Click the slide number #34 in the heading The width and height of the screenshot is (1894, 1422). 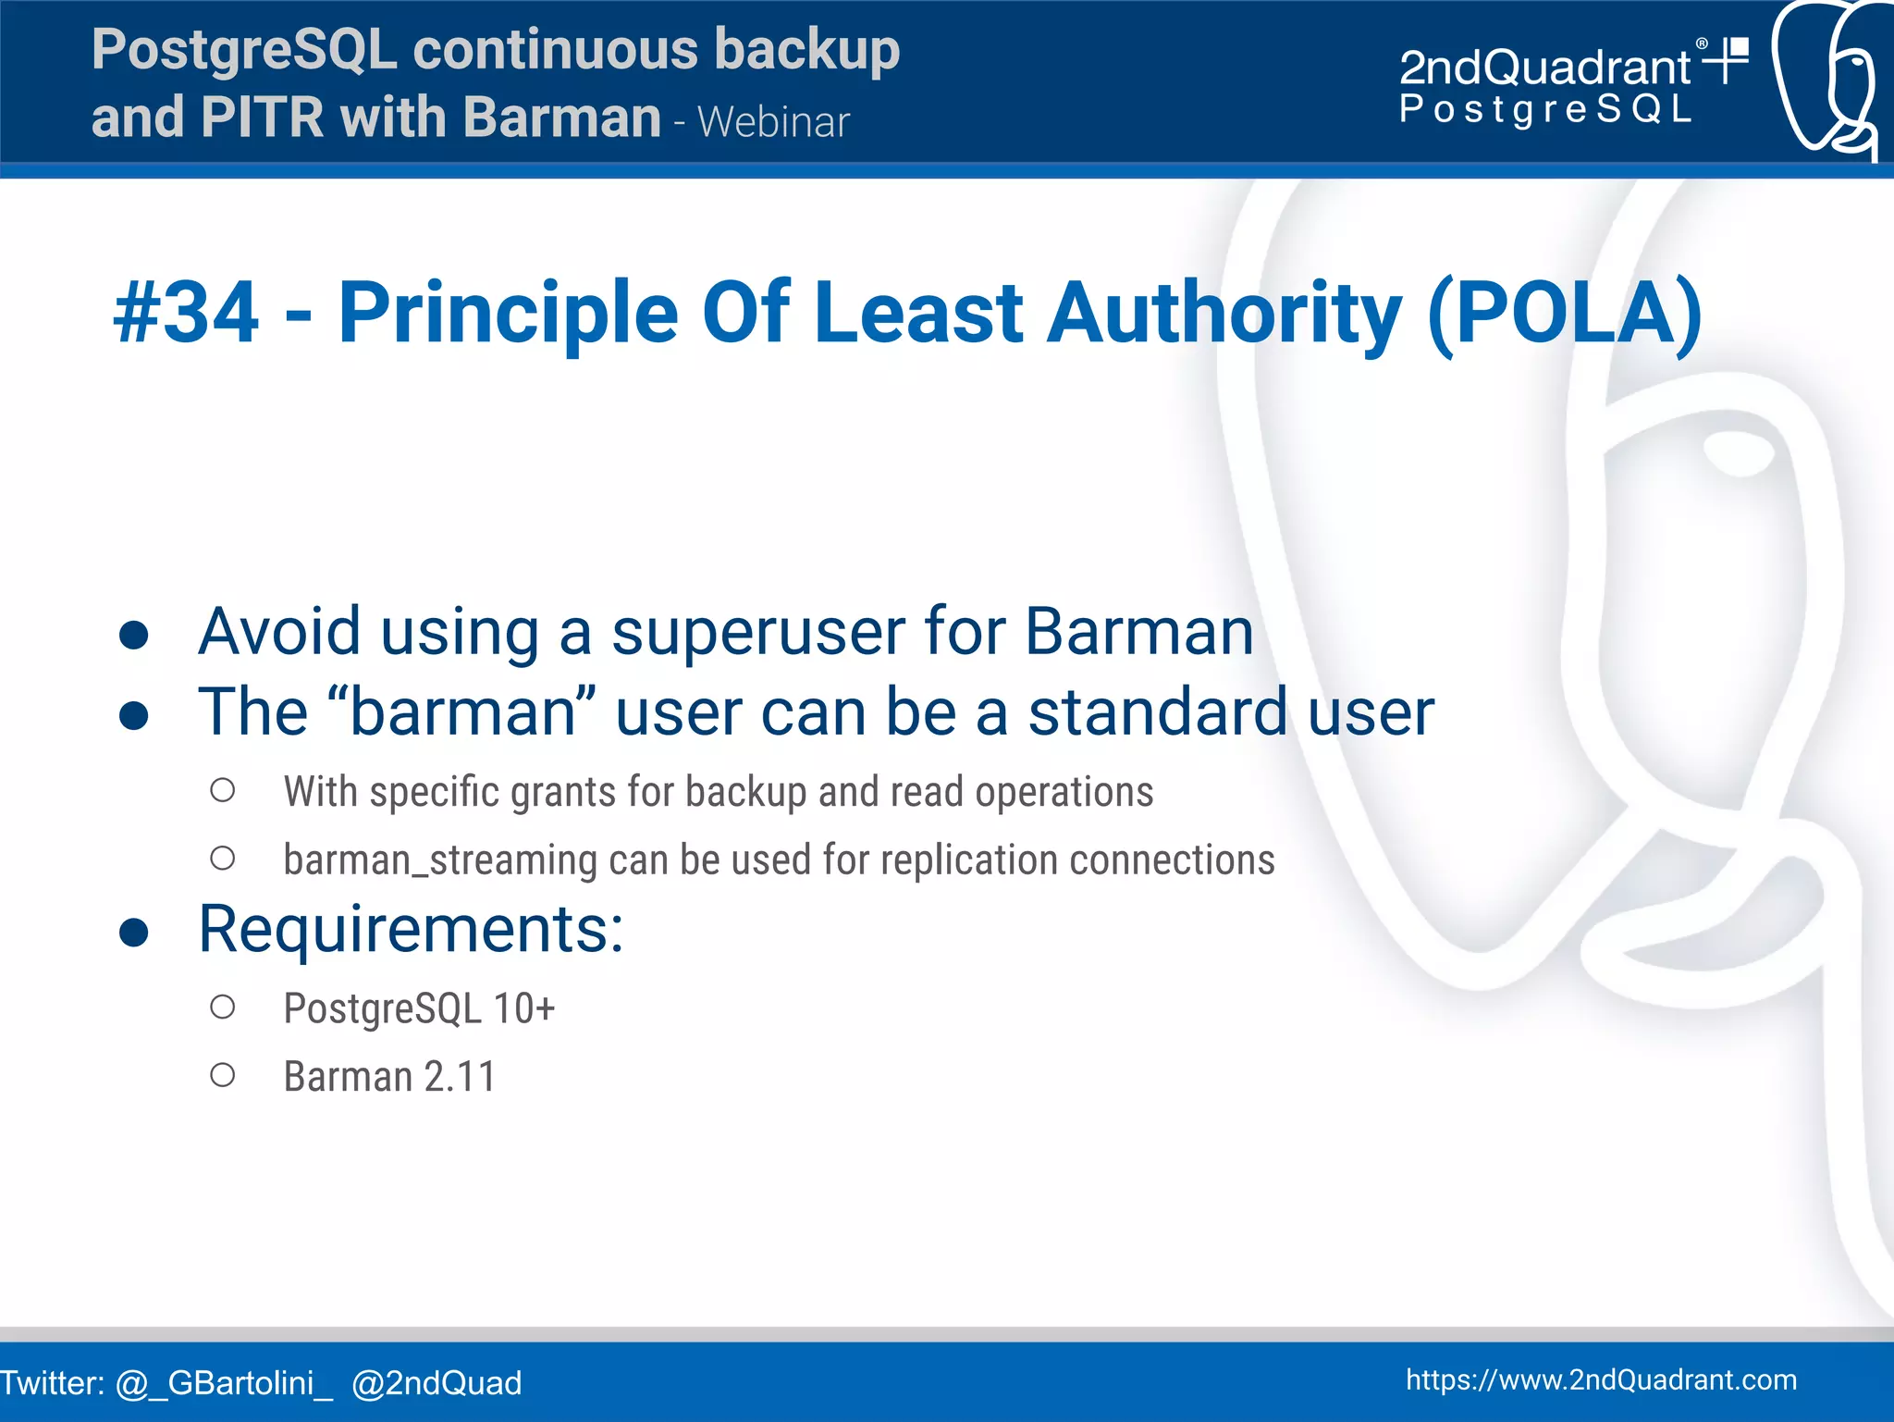point(186,314)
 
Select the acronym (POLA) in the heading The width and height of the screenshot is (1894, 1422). point(1564,314)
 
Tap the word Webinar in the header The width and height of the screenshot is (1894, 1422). point(773,122)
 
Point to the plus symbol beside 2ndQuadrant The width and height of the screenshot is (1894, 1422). point(1726,60)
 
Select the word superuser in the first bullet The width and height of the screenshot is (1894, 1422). point(756,633)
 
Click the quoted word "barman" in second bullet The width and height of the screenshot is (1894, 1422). point(472,712)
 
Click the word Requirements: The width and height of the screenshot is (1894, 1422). point(412,929)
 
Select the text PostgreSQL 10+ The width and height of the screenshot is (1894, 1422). point(419,1008)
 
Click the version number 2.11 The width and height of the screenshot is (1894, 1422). point(460,1077)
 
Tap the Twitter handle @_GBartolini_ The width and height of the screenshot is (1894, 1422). point(224,1383)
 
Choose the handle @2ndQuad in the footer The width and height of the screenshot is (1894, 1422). point(437,1383)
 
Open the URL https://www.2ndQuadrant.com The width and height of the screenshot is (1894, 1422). point(1601,1380)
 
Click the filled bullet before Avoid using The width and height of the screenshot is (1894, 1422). point(134,636)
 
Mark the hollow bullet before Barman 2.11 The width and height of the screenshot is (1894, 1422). point(222,1075)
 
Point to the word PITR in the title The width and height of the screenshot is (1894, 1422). point(262,118)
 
